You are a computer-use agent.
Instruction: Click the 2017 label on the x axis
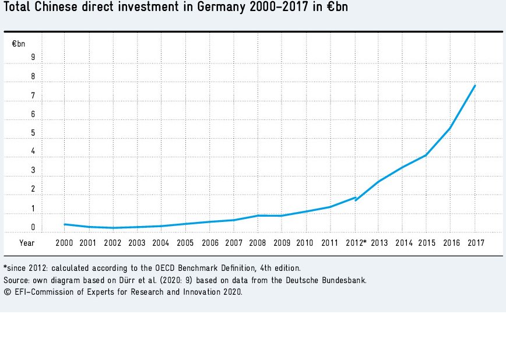pyautogui.click(x=475, y=242)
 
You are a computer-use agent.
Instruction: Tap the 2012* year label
pyautogui.click(x=356, y=242)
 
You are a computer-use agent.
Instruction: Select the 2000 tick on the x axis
pyautogui.click(x=64, y=242)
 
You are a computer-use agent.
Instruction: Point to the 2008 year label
pyautogui.click(x=257, y=242)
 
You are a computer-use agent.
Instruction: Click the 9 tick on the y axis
pyautogui.click(x=33, y=57)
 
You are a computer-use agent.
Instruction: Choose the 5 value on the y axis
pyautogui.click(x=33, y=133)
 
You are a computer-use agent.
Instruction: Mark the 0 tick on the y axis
pyautogui.click(x=33, y=227)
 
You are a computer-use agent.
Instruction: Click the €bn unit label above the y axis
pyautogui.click(x=19, y=43)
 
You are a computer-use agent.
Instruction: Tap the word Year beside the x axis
pyautogui.click(x=27, y=242)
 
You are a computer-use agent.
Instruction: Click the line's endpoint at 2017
pyautogui.click(x=475, y=86)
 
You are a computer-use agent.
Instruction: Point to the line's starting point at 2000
pyautogui.click(x=64, y=224)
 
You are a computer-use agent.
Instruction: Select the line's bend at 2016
pyautogui.click(x=450, y=128)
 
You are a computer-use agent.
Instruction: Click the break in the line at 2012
pyautogui.click(x=356, y=199)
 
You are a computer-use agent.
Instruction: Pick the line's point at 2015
pyautogui.click(x=426, y=155)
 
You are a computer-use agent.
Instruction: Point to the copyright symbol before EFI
pyautogui.click(x=6, y=292)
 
